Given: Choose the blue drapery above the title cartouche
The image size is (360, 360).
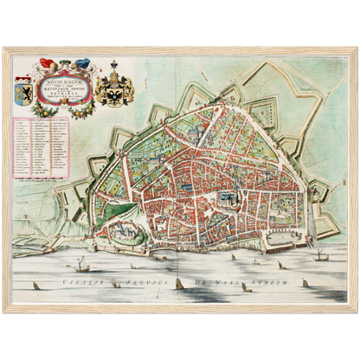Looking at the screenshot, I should point(80,62).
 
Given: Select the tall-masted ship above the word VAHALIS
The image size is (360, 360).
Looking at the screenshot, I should point(80,264).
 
